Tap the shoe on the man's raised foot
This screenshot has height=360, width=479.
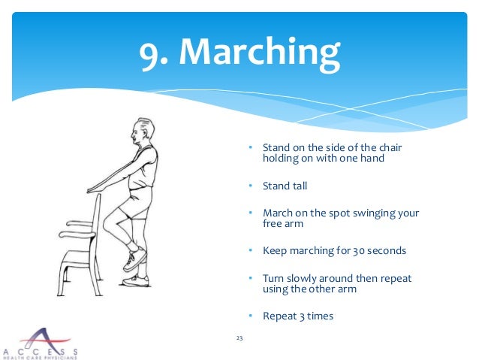(135, 259)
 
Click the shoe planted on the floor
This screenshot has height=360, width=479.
(137, 281)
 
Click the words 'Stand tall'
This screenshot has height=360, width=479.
(285, 186)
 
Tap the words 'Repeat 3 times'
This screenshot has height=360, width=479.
(298, 316)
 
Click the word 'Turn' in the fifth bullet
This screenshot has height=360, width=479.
(273, 278)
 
